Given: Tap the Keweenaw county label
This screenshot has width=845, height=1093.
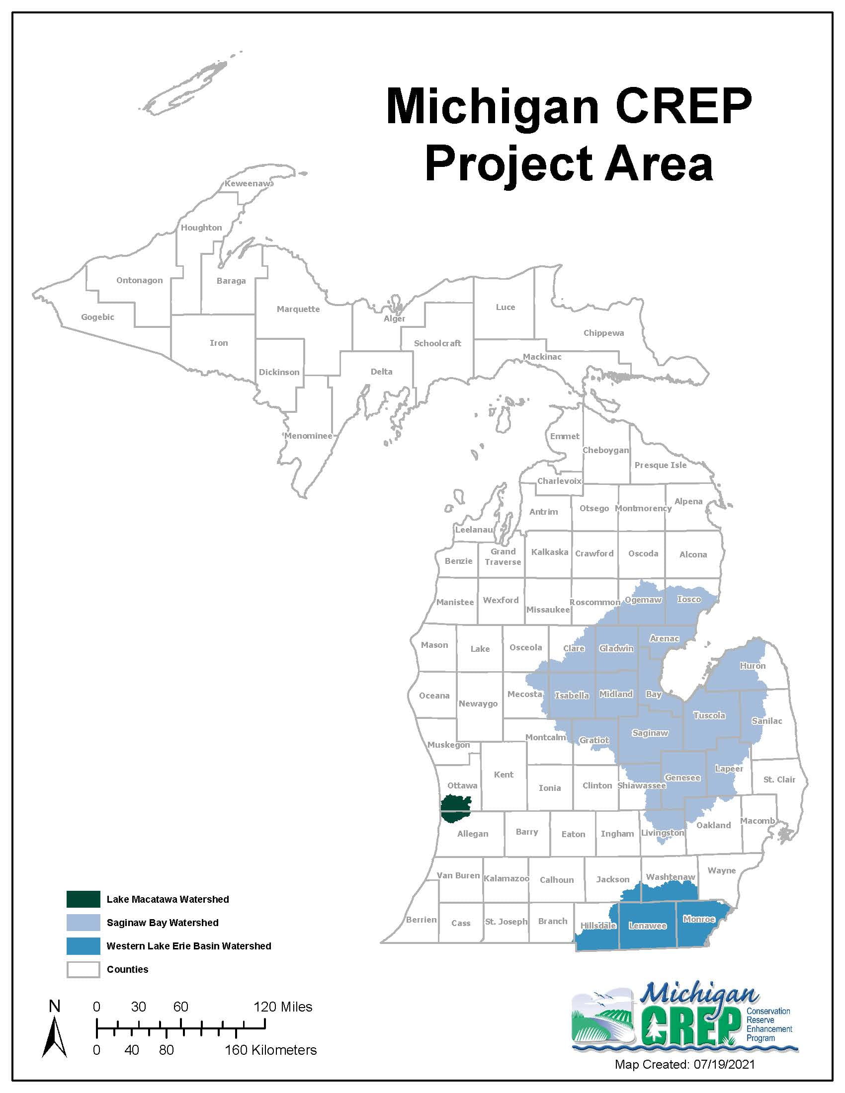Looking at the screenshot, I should [248, 184].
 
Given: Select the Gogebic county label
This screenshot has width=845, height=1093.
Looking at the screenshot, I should [97, 317].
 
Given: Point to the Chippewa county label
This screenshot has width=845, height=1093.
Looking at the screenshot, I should [603, 333].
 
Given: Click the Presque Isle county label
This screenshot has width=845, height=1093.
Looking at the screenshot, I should [660, 465].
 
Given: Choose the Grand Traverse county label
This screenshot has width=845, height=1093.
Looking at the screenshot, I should [503, 556].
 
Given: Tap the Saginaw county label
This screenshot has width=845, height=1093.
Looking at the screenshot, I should [650, 733].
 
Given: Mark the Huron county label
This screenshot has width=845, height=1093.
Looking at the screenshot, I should [753, 666].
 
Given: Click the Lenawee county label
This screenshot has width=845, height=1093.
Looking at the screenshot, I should [647, 926].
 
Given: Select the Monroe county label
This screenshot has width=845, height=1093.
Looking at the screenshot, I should [699, 919].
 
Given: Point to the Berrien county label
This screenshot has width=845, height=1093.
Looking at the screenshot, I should [421, 919].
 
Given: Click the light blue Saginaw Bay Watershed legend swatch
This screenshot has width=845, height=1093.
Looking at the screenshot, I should [83, 923].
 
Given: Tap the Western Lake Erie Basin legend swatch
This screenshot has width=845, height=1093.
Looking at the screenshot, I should [83, 946].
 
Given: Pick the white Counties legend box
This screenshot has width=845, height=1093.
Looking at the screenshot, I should [83, 969].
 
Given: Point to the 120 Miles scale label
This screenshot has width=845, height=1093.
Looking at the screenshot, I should [283, 1007].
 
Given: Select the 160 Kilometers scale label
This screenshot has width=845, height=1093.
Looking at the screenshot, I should [270, 1050].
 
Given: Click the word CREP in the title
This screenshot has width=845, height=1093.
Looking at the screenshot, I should [683, 106].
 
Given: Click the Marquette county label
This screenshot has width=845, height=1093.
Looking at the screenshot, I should [298, 309].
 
